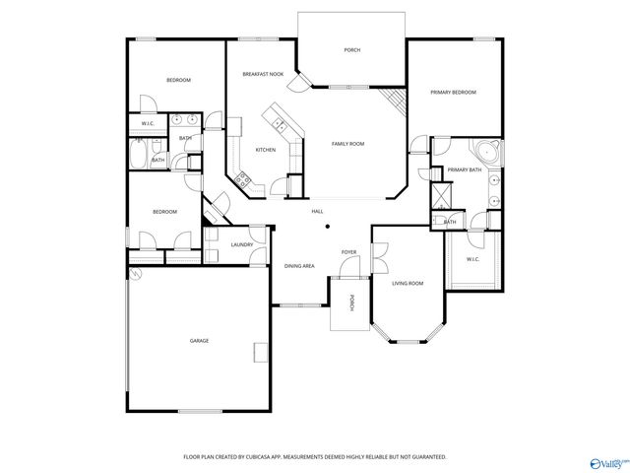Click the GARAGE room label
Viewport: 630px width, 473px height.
(199, 341)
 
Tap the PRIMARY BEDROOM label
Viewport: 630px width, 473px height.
(453, 92)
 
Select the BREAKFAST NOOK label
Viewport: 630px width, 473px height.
(263, 74)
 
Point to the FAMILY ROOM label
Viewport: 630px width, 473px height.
(347, 144)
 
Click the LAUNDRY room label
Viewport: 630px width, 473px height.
(241, 244)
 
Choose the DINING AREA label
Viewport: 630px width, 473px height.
(299, 266)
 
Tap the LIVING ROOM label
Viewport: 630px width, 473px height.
(407, 284)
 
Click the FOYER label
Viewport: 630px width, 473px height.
(348, 252)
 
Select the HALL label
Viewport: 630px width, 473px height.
(317, 211)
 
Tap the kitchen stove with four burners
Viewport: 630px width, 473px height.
(243, 179)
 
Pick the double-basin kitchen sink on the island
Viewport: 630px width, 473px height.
(280, 125)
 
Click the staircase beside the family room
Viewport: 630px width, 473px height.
(397, 100)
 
